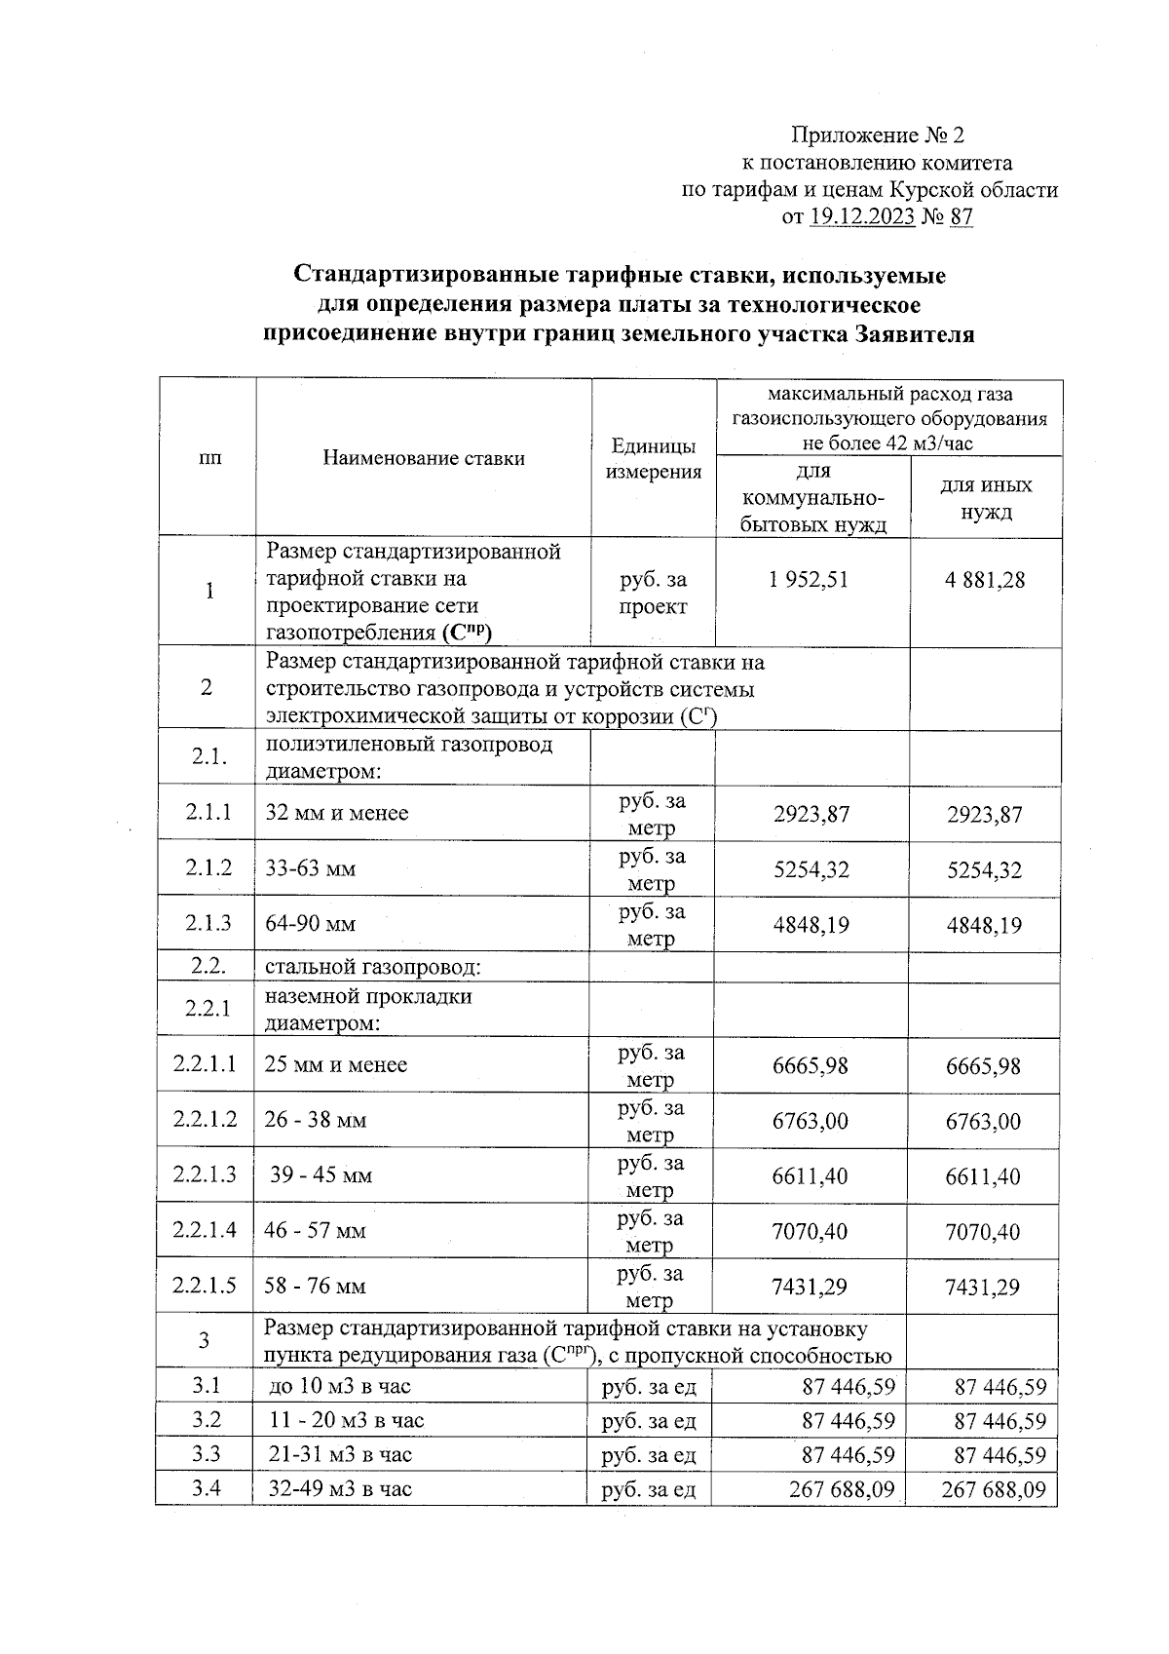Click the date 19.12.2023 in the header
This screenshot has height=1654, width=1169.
click(861, 217)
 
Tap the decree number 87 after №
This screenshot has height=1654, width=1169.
click(961, 217)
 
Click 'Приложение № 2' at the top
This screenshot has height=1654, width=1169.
click(877, 135)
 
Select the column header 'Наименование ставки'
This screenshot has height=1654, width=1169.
click(424, 458)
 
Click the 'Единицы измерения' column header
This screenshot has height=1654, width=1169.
click(654, 459)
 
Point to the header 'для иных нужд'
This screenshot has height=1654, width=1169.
click(986, 498)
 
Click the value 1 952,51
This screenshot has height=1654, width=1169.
click(808, 580)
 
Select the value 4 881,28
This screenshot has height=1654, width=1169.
click(984, 580)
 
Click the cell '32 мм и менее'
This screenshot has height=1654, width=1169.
click(337, 813)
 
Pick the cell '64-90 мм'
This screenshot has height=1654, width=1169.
click(311, 923)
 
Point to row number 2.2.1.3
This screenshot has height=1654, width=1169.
click(205, 1174)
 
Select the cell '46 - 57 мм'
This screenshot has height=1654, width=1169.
click(315, 1230)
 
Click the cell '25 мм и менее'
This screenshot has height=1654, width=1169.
click(335, 1064)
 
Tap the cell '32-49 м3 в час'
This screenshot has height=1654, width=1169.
click(340, 1488)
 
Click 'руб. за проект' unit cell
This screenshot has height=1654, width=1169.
click(654, 593)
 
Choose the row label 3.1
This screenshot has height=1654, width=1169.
click(206, 1385)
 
